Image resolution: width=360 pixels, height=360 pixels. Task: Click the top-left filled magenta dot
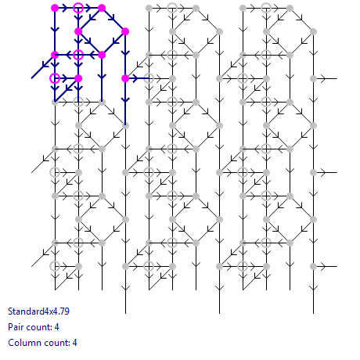tap(55, 8)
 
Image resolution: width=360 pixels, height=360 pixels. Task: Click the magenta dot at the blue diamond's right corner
tap(125, 31)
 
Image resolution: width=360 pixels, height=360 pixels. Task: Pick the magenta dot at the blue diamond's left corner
tap(78, 31)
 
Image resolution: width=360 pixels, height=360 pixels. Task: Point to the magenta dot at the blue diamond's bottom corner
tap(102, 55)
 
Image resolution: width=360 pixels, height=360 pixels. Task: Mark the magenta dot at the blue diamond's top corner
tap(102, 8)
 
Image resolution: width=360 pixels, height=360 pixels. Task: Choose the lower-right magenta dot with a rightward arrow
tap(125, 78)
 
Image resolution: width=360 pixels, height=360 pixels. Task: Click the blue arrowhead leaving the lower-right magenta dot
tap(135, 78)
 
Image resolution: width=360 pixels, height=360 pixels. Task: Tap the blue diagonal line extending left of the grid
tap(43, 67)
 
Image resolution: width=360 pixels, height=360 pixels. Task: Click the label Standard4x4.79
tap(38, 311)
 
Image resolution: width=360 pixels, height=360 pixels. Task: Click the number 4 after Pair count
tap(56, 327)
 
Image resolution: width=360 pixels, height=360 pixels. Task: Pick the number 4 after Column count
tap(74, 343)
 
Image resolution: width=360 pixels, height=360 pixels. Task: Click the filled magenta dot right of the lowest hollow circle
tap(78, 78)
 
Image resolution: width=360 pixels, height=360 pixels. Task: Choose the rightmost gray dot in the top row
tap(290, 8)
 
